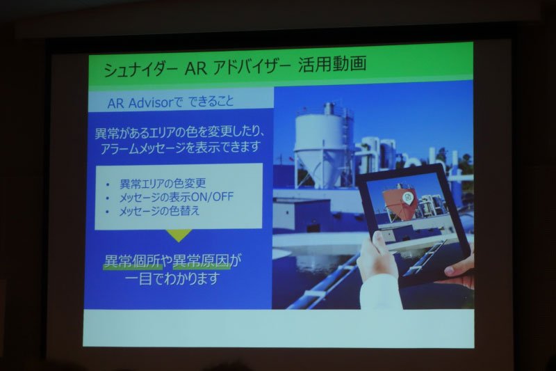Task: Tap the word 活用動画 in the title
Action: [332, 64]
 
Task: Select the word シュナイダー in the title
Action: [140, 68]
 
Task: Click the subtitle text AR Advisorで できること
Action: [170, 102]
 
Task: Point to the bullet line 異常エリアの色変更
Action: [163, 183]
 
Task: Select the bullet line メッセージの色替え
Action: [159, 211]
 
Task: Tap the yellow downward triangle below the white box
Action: [179, 235]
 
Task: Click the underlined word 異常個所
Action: [133, 261]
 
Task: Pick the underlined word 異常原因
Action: [201, 261]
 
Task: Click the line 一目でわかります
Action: [172, 278]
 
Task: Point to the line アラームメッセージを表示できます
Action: [180, 147]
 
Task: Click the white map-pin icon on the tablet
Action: [408, 198]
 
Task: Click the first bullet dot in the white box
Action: [108, 184]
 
